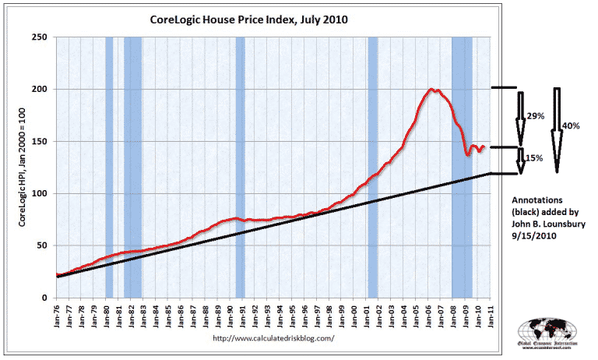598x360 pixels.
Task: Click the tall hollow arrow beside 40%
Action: click(557, 129)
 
